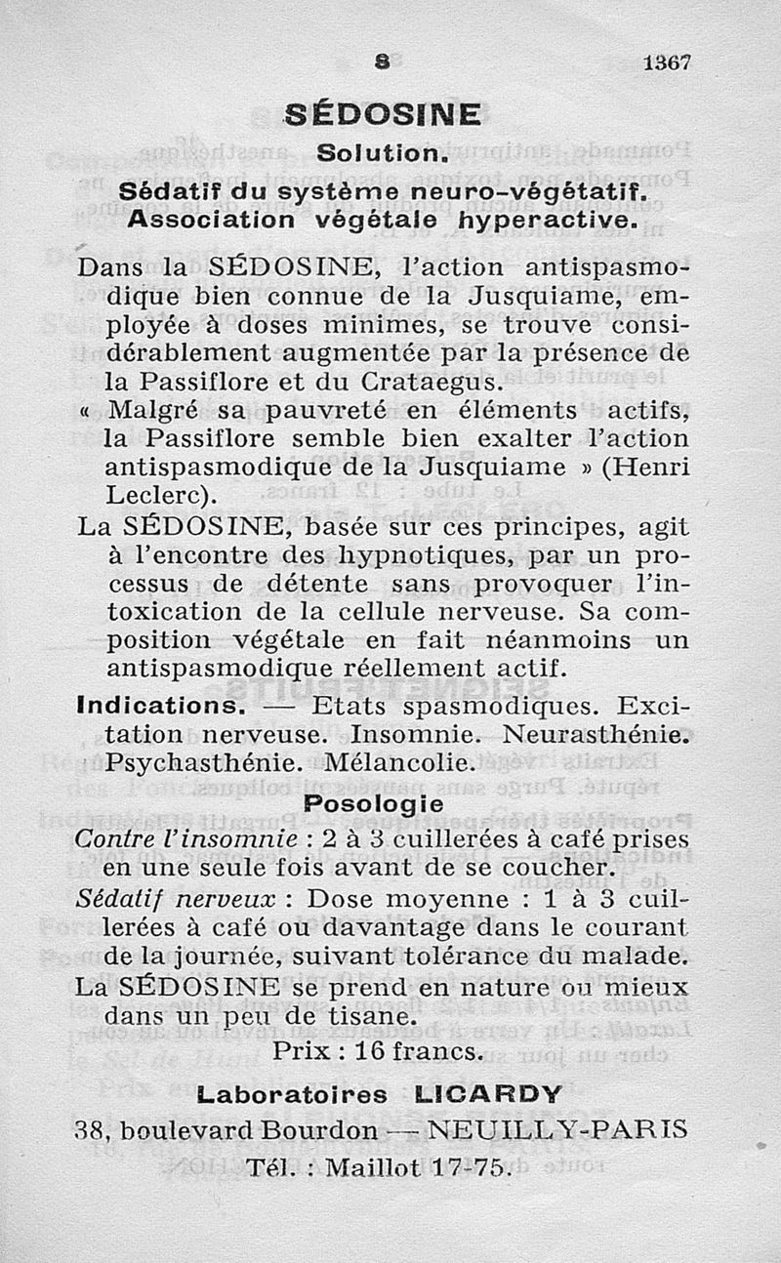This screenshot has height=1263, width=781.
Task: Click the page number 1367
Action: (668, 61)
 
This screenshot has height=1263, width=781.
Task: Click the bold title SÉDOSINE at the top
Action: (383, 115)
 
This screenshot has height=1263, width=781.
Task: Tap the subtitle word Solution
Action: (383, 154)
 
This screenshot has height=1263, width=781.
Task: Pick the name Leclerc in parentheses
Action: (159, 495)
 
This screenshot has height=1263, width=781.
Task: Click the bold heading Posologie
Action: (373, 804)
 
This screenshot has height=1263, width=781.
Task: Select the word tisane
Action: (359, 1015)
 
